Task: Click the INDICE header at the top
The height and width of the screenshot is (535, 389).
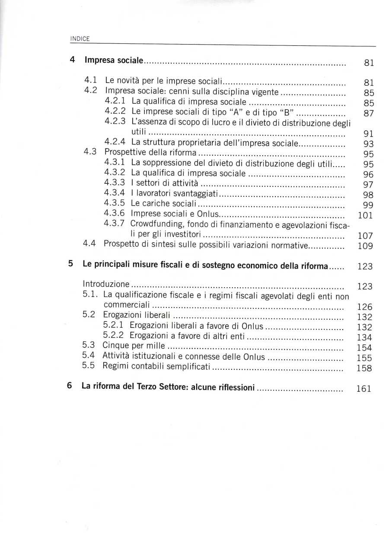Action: coord(80,39)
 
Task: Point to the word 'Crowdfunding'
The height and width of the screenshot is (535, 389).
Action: coord(152,224)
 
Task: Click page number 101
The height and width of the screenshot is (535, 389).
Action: coord(366,215)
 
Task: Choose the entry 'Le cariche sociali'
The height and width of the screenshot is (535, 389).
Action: coord(164,203)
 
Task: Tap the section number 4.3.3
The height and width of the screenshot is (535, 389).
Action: coord(115,183)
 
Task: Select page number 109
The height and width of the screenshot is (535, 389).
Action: coord(366,247)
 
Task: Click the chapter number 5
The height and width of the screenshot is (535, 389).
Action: coord(70,264)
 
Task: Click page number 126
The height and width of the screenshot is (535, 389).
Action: coord(365,307)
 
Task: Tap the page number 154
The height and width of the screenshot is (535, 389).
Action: coord(365,348)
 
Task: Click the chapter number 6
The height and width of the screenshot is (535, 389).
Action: coord(70,386)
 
